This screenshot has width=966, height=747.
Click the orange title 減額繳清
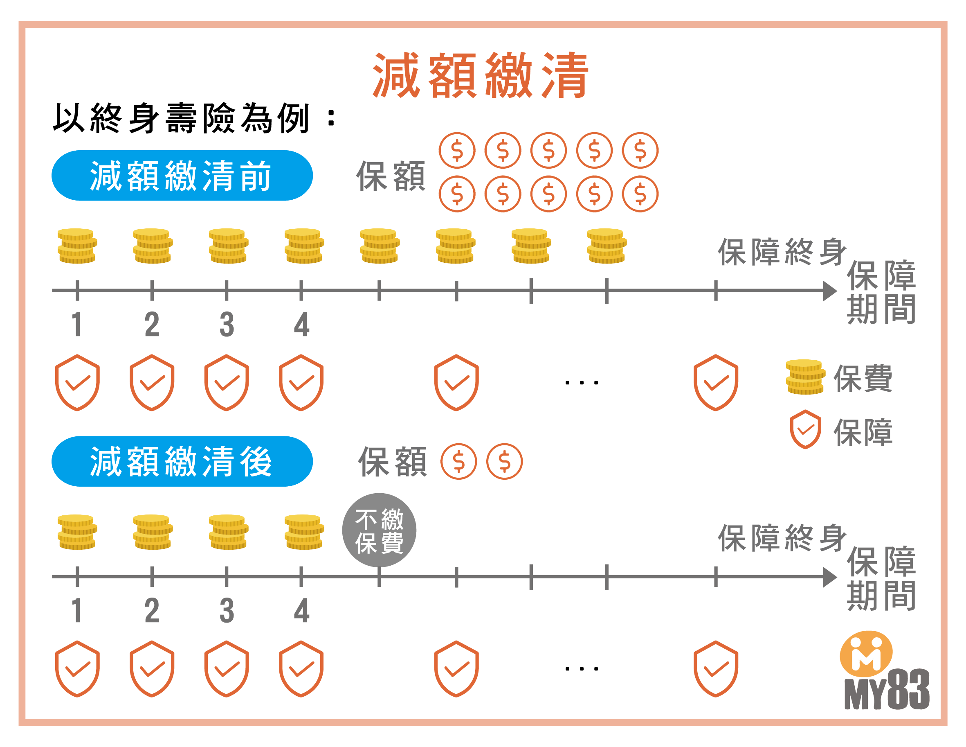click(x=481, y=75)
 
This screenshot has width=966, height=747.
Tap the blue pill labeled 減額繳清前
click(x=182, y=176)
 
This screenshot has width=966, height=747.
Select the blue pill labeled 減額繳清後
click(x=182, y=461)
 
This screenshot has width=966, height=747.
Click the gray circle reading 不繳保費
click(x=379, y=530)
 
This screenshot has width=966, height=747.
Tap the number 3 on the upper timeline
click(x=227, y=325)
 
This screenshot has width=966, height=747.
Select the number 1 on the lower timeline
click(x=77, y=611)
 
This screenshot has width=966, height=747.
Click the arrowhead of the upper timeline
click(x=829, y=291)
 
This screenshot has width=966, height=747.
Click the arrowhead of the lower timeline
click(x=829, y=577)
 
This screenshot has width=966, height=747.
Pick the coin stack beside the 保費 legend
click(x=805, y=377)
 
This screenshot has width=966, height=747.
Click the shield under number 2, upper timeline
click(x=152, y=383)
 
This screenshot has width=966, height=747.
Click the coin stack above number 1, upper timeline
click(x=77, y=246)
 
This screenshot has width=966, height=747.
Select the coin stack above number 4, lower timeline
click(x=304, y=532)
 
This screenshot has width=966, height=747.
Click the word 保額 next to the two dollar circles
click(x=392, y=462)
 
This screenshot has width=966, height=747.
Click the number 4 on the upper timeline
click(x=301, y=325)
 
